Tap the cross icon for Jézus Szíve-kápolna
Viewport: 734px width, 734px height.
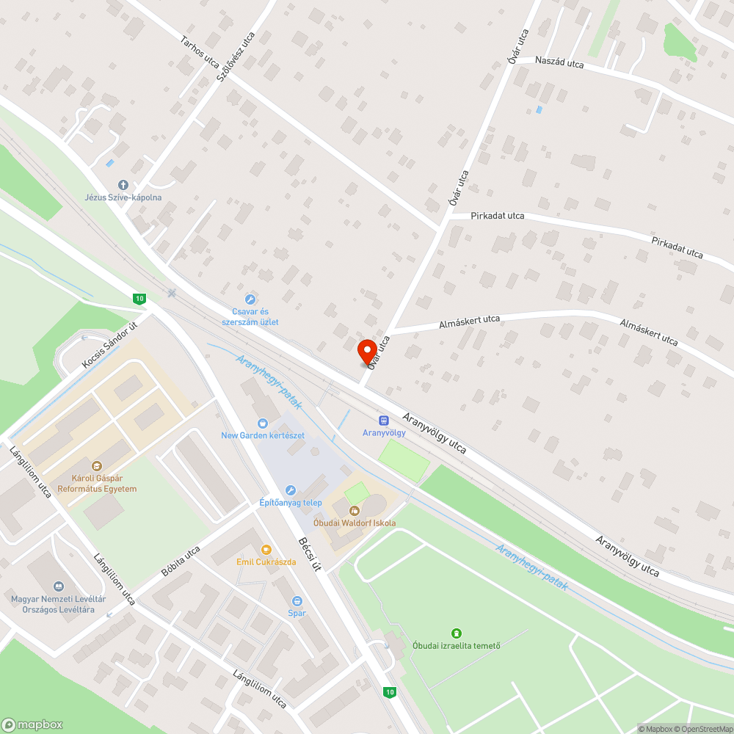click(123, 185)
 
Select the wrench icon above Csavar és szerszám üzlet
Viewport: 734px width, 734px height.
click(250, 299)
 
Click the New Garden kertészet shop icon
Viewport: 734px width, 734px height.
click(263, 423)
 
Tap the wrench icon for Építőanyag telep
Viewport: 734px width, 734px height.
click(291, 490)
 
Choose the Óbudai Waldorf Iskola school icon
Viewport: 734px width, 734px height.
click(355, 510)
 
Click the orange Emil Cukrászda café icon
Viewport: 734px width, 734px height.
click(266, 549)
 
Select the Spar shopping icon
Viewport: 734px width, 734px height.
click(297, 600)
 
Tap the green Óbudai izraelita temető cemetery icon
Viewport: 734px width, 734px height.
click(456, 633)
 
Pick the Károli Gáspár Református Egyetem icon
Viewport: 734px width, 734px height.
click(96, 465)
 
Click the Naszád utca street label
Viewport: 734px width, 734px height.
click(559, 63)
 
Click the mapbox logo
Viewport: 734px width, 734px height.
click(32, 724)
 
